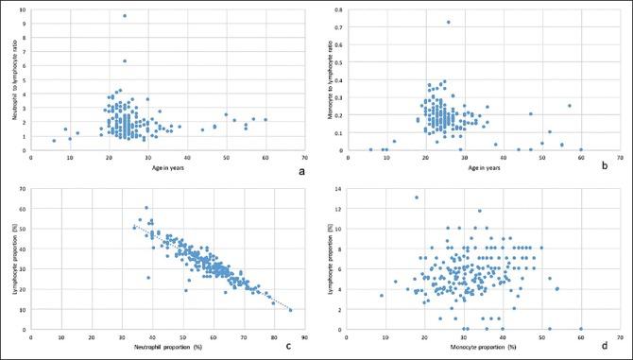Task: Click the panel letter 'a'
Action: click(x=299, y=171)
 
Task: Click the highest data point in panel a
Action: click(x=125, y=16)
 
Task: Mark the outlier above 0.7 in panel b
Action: click(x=448, y=23)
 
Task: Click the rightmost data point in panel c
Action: click(x=289, y=310)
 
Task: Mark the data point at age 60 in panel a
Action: click(x=265, y=120)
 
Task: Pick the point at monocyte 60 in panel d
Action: click(x=581, y=328)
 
